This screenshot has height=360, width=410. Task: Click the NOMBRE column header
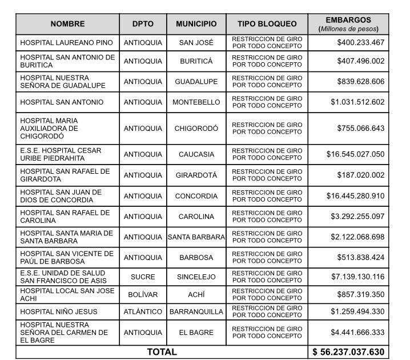pyautogui.click(x=67, y=24)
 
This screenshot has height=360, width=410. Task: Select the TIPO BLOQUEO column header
pyautogui.click(x=267, y=24)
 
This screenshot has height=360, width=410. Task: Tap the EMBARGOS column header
pyautogui.click(x=348, y=24)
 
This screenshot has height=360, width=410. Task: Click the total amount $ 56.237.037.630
pyautogui.click(x=348, y=352)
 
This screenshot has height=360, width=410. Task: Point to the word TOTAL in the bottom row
pyautogui.click(x=162, y=352)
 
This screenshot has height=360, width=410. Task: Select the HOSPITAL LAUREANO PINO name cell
pyautogui.click(x=66, y=43)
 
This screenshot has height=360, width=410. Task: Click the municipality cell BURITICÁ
pyautogui.click(x=196, y=61)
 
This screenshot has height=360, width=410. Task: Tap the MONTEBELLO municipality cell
pyautogui.click(x=196, y=102)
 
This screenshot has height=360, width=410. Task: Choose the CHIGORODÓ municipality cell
pyautogui.click(x=196, y=129)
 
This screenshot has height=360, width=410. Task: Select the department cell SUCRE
pyautogui.click(x=143, y=277)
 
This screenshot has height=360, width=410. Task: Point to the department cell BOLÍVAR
pyautogui.click(x=143, y=294)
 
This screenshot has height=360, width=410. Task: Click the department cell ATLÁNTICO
pyautogui.click(x=143, y=312)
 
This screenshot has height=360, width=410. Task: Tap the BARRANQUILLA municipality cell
pyautogui.click(x=196, y=312)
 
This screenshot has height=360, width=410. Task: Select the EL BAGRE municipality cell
pyautogui.click(x=196, y=333)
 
